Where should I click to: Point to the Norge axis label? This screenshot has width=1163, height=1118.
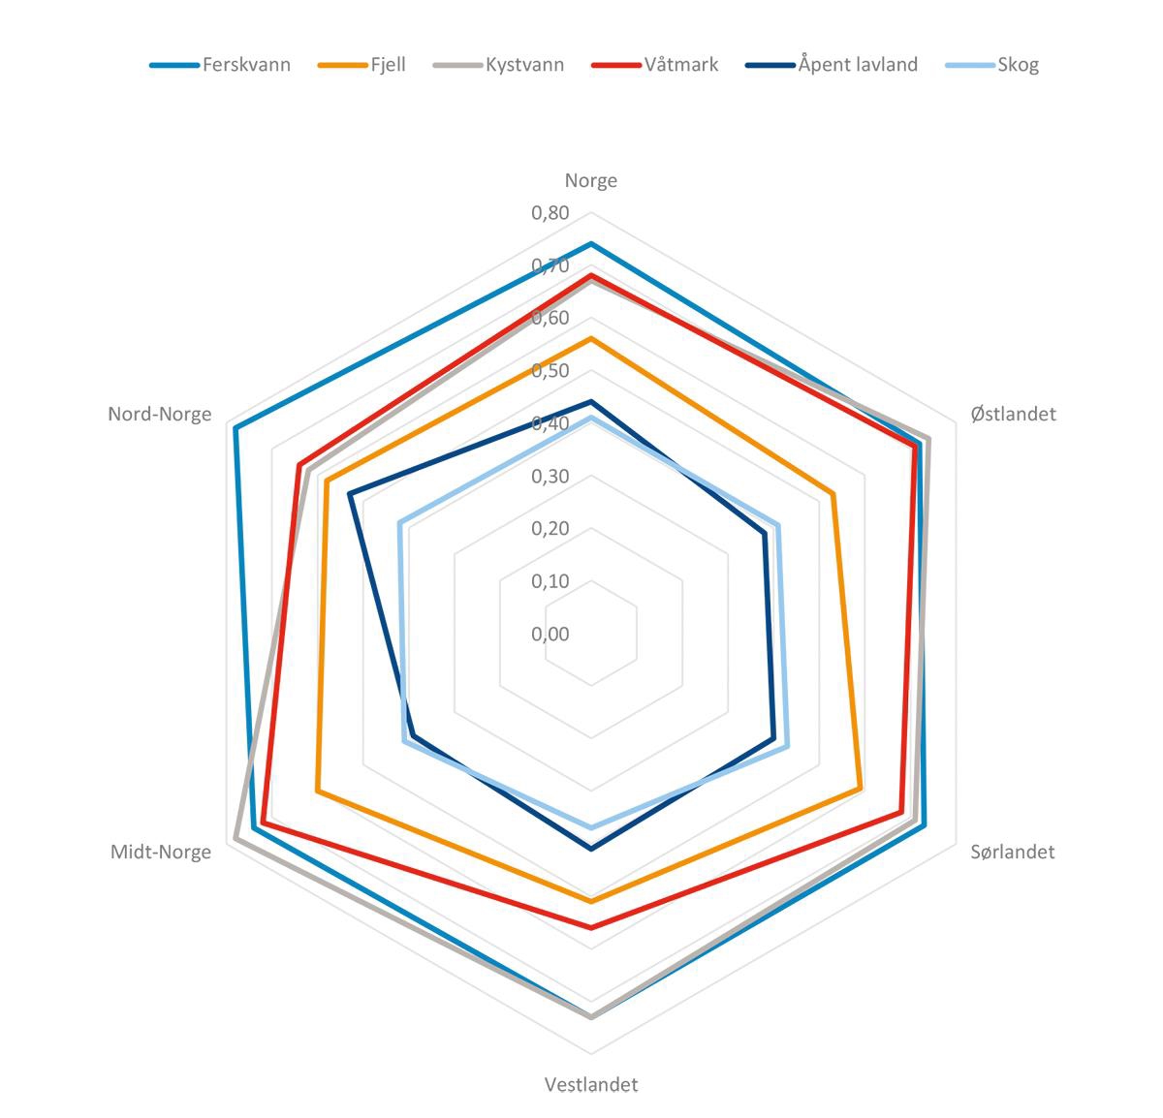[x=591, y=180]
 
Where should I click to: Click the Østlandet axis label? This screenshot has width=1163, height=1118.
[x=1013, y=414]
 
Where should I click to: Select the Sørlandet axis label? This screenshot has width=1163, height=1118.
[x=1013, y=852]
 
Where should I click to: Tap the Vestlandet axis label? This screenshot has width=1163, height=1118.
[x=591, y=1084]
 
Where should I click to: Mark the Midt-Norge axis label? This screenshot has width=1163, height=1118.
[x=161, y=852]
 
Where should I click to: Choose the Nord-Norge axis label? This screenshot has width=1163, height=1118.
[x=160, y=414]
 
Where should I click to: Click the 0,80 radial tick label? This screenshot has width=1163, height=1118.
[x=550, y=212]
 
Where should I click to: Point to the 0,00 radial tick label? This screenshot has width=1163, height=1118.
[x=550, y=635]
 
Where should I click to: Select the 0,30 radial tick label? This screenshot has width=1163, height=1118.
[x=550, y=476]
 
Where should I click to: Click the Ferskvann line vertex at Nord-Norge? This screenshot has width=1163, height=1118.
[x=235, y=427]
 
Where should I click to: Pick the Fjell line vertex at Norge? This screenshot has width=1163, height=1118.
[x=591, y=338]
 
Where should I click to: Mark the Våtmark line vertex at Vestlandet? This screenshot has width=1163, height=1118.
[x=591, y=927]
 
